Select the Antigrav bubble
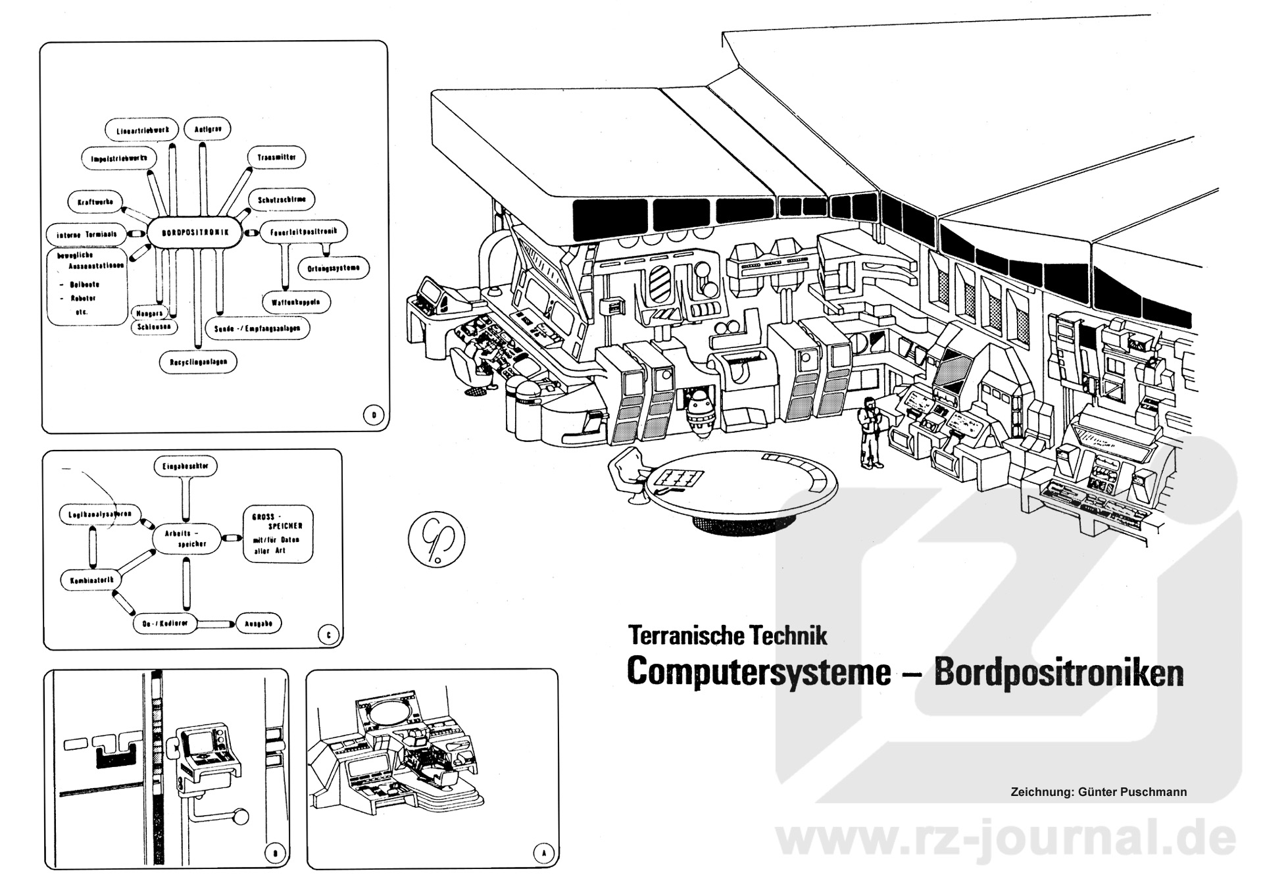tap(207, 129)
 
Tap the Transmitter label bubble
tap(276, 158)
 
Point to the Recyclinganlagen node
tap(198, 362)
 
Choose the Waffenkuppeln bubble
tap(295, 302)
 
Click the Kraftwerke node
tap(95, 202)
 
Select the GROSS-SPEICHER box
tap(278, 533)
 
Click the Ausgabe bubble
tap(259, 624)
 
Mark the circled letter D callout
tap(374, 415)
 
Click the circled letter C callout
tap(328, 634)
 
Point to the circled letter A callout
tap(543, 853)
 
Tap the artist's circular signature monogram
tap(436, 539)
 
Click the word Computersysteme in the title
tap(758, 672)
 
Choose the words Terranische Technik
tap(728, 636)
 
